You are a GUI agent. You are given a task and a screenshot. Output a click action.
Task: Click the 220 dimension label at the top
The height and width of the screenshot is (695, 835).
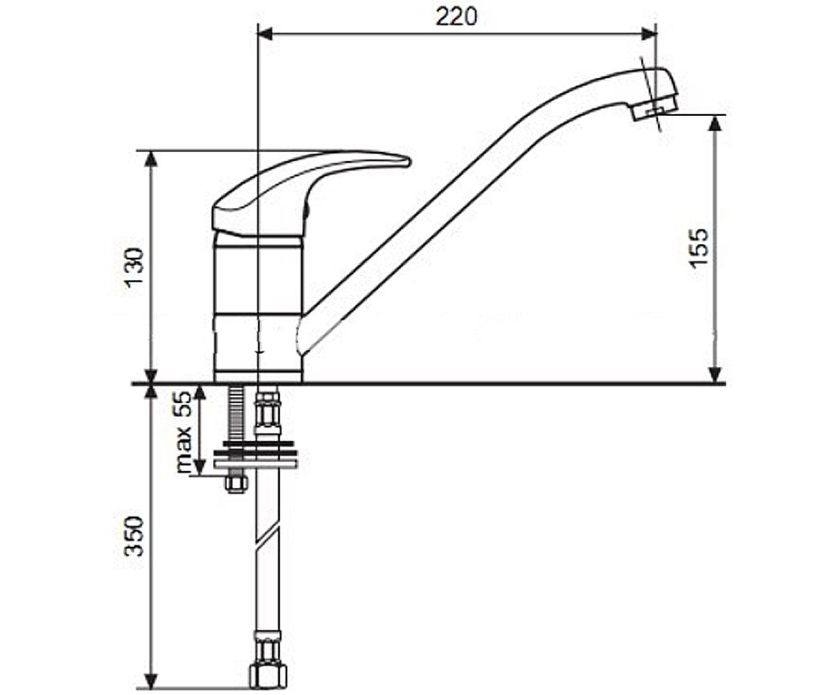click(x=456, y=17)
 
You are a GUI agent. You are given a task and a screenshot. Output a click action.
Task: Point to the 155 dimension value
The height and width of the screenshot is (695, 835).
click(x=699, y=247)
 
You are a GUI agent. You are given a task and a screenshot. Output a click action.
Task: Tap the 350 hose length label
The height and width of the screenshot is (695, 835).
click(x=134, y=536)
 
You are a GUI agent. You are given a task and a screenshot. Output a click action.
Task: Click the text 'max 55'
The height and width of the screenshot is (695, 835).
click(x=184, y=432)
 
